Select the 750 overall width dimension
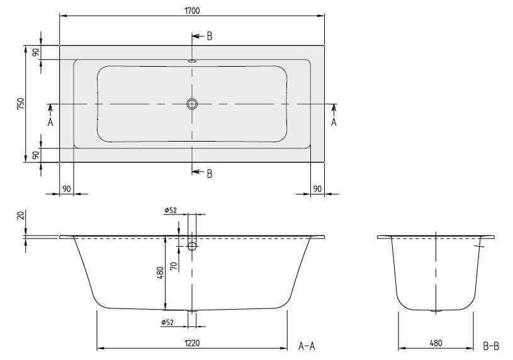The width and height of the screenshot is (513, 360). [x=21, y=104]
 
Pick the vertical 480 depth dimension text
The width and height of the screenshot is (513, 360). [x=161, y=273]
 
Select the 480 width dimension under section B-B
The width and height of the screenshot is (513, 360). [x=435, y=343]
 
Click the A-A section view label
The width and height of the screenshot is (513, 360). [x=307, y=346]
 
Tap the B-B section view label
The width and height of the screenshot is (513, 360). [x=490, y=346]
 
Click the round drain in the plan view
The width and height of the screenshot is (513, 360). [x=192, y=104]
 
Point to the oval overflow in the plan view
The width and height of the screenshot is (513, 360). [x=192, y=62]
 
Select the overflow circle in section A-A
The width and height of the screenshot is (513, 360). [x=193, y=247]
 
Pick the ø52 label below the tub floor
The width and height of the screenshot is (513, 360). [x=167, y=323]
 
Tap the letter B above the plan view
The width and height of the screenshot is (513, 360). [x=209, y=37]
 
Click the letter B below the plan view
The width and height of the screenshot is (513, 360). [x=209, y=174]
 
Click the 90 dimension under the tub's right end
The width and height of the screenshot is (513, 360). [x=317, y=188]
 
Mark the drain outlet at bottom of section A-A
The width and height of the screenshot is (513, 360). [x=193, y=311]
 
